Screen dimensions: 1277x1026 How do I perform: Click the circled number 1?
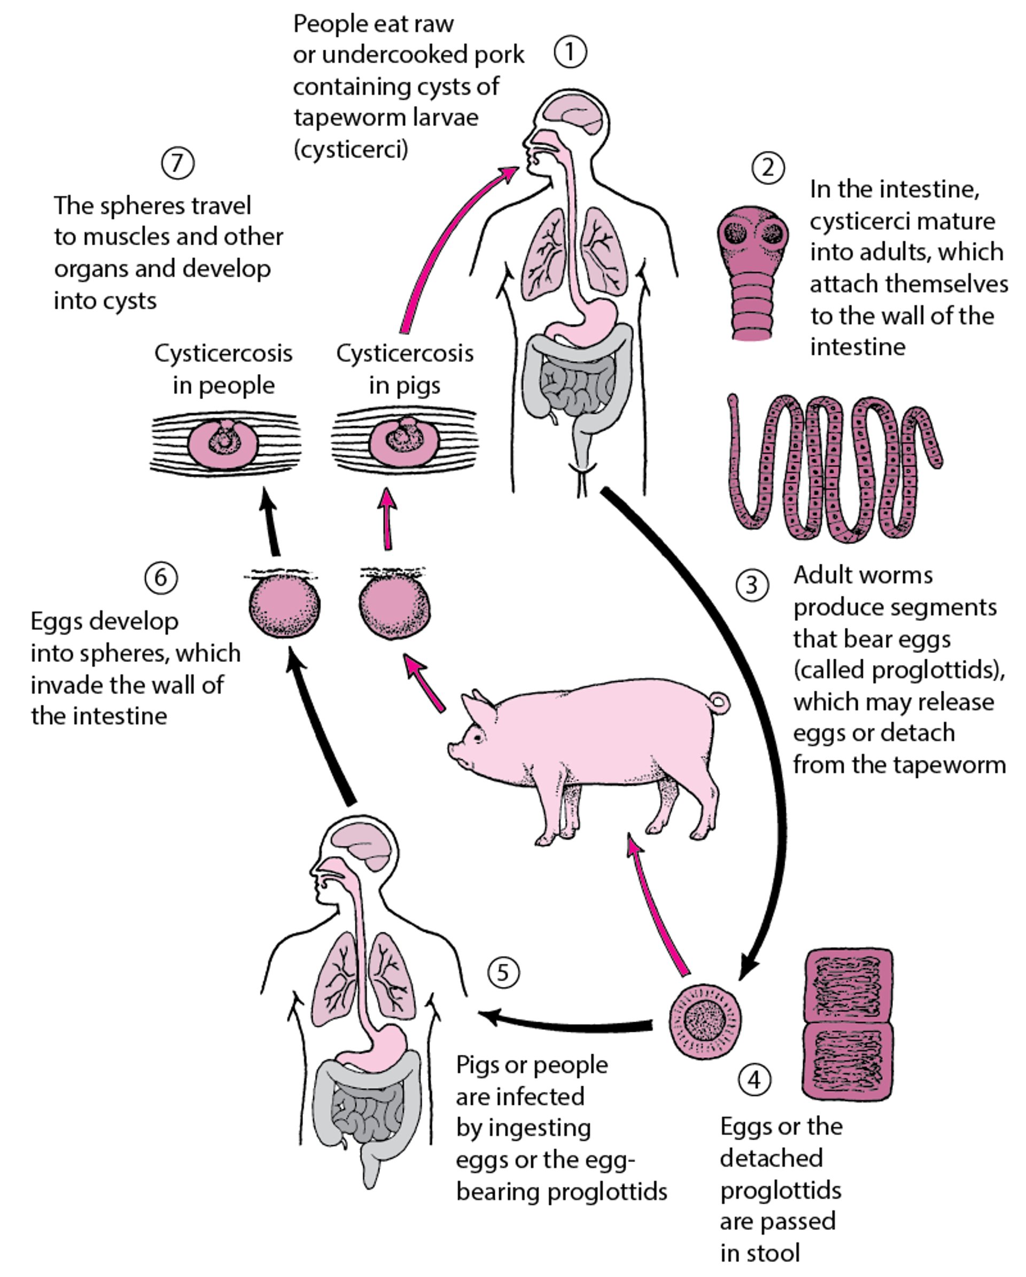tap(570, 52)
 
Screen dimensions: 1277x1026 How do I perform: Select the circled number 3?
tap(752, 585)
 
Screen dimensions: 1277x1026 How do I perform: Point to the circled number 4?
tap(754, 1080)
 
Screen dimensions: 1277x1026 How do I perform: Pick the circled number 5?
tap(503, 972)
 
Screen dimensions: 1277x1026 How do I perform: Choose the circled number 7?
tap(178, 162)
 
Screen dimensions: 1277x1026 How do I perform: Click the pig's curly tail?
tap(719, 703)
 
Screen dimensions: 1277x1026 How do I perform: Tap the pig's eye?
tap(477, 737)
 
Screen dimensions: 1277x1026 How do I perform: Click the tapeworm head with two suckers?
tap(753, 237)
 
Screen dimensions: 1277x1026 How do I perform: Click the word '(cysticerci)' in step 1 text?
tap(351, 149)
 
